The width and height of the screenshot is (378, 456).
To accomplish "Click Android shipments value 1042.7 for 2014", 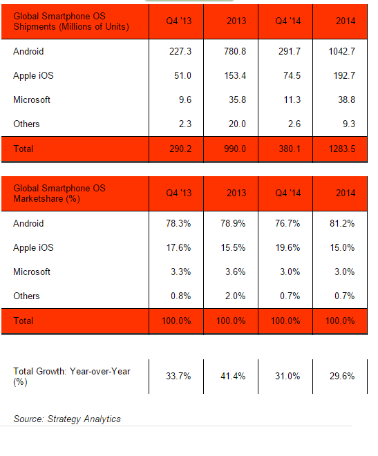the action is (342, 52).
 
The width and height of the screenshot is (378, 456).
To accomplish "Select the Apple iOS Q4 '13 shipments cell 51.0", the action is (182, 75).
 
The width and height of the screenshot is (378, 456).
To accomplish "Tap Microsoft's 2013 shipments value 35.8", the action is (237, 99).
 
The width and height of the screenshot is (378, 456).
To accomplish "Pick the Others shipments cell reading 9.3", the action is (349, 124).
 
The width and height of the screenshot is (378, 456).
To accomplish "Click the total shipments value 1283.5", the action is (342, 149).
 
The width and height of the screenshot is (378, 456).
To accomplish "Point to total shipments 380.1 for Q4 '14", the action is (290, 149).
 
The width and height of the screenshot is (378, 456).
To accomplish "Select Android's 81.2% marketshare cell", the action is (342, 223).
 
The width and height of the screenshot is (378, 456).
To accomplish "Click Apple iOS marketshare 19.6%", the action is (287, 247).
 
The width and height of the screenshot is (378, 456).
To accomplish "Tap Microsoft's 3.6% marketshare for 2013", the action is (235, 272).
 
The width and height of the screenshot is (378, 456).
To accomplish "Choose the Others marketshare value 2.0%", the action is (235, 296).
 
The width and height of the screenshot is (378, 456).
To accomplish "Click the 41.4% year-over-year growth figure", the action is (233, 376).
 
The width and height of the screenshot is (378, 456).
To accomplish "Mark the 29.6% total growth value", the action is (342, 376).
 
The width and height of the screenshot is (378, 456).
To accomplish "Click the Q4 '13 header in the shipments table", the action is (179, 21).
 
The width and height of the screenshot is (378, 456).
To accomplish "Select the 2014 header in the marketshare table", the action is (346, 193).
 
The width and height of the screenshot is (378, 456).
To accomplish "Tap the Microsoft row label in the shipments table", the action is (32, 99).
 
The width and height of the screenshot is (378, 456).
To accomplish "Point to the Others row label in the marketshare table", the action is (26, 296).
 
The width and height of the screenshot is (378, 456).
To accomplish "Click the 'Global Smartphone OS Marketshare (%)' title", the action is (59, 193).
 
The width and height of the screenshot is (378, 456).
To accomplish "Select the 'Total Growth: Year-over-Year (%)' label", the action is (72, 377).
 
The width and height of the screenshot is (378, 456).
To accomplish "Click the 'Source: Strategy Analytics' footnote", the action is (67, 419).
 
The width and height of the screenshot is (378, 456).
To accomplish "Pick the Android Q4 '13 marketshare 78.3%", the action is (178, 223).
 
